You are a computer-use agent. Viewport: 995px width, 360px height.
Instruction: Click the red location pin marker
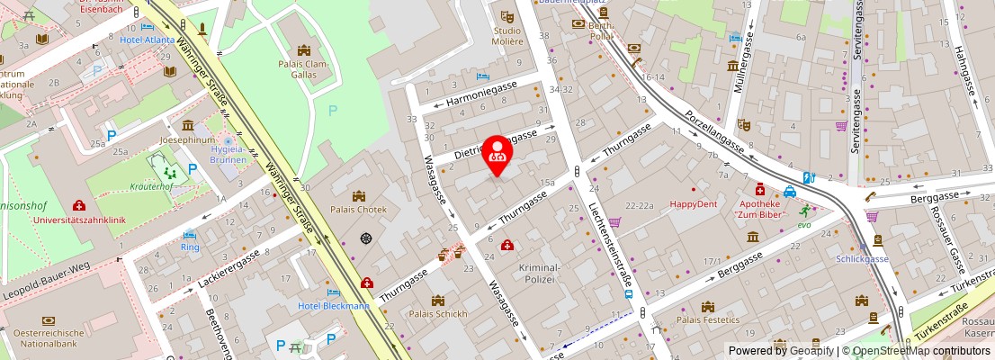pos(497,151)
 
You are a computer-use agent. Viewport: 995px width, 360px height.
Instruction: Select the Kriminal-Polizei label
pos(539,274)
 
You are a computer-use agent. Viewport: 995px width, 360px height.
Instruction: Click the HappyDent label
pos(694,204)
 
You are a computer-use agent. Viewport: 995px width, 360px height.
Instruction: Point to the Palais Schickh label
pos(438,314)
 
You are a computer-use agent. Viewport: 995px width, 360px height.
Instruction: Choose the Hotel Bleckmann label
pos(334,306)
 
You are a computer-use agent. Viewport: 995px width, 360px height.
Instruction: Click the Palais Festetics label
pos(708,319)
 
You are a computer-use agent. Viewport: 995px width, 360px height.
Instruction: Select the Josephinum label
pos(187,140)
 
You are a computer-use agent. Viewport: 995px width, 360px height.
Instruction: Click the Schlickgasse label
pos(862,259)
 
